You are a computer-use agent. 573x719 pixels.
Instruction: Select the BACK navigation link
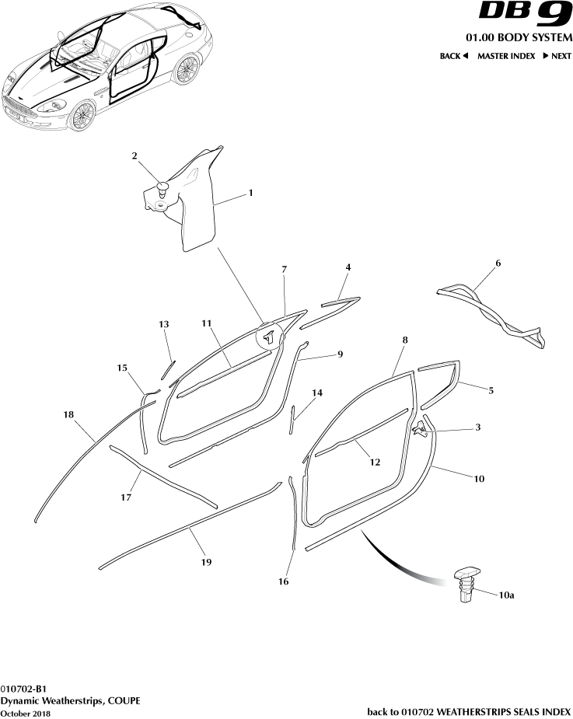[x=453, y=56]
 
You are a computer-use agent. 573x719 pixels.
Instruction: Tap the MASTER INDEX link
[x=505, y=56]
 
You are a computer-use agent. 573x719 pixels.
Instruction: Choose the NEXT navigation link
[x=557, y=56]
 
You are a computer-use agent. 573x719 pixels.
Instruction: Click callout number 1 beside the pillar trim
[x=250, y=193]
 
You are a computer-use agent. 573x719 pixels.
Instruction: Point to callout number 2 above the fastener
[x=135, y=156]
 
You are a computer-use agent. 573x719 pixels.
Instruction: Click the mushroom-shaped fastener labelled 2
[x=162, y=187]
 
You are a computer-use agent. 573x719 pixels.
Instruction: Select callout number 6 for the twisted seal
[x=498, y=264]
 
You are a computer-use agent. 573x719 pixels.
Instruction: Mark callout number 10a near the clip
[x=506, y=595]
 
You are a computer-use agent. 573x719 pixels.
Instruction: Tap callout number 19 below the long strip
[x=206, y=561]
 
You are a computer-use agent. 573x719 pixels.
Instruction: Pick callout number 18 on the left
[x=68, y=416]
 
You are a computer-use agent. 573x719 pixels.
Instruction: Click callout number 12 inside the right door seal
[x=375, y=462]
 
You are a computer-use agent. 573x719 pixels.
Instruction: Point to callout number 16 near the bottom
[x=285, y=580]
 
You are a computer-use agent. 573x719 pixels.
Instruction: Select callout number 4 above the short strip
[x=348, y=267]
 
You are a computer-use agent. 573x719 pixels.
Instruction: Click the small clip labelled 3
[x=420, y=427]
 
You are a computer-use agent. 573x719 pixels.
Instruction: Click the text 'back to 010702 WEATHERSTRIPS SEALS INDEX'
[x=469, y=711]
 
